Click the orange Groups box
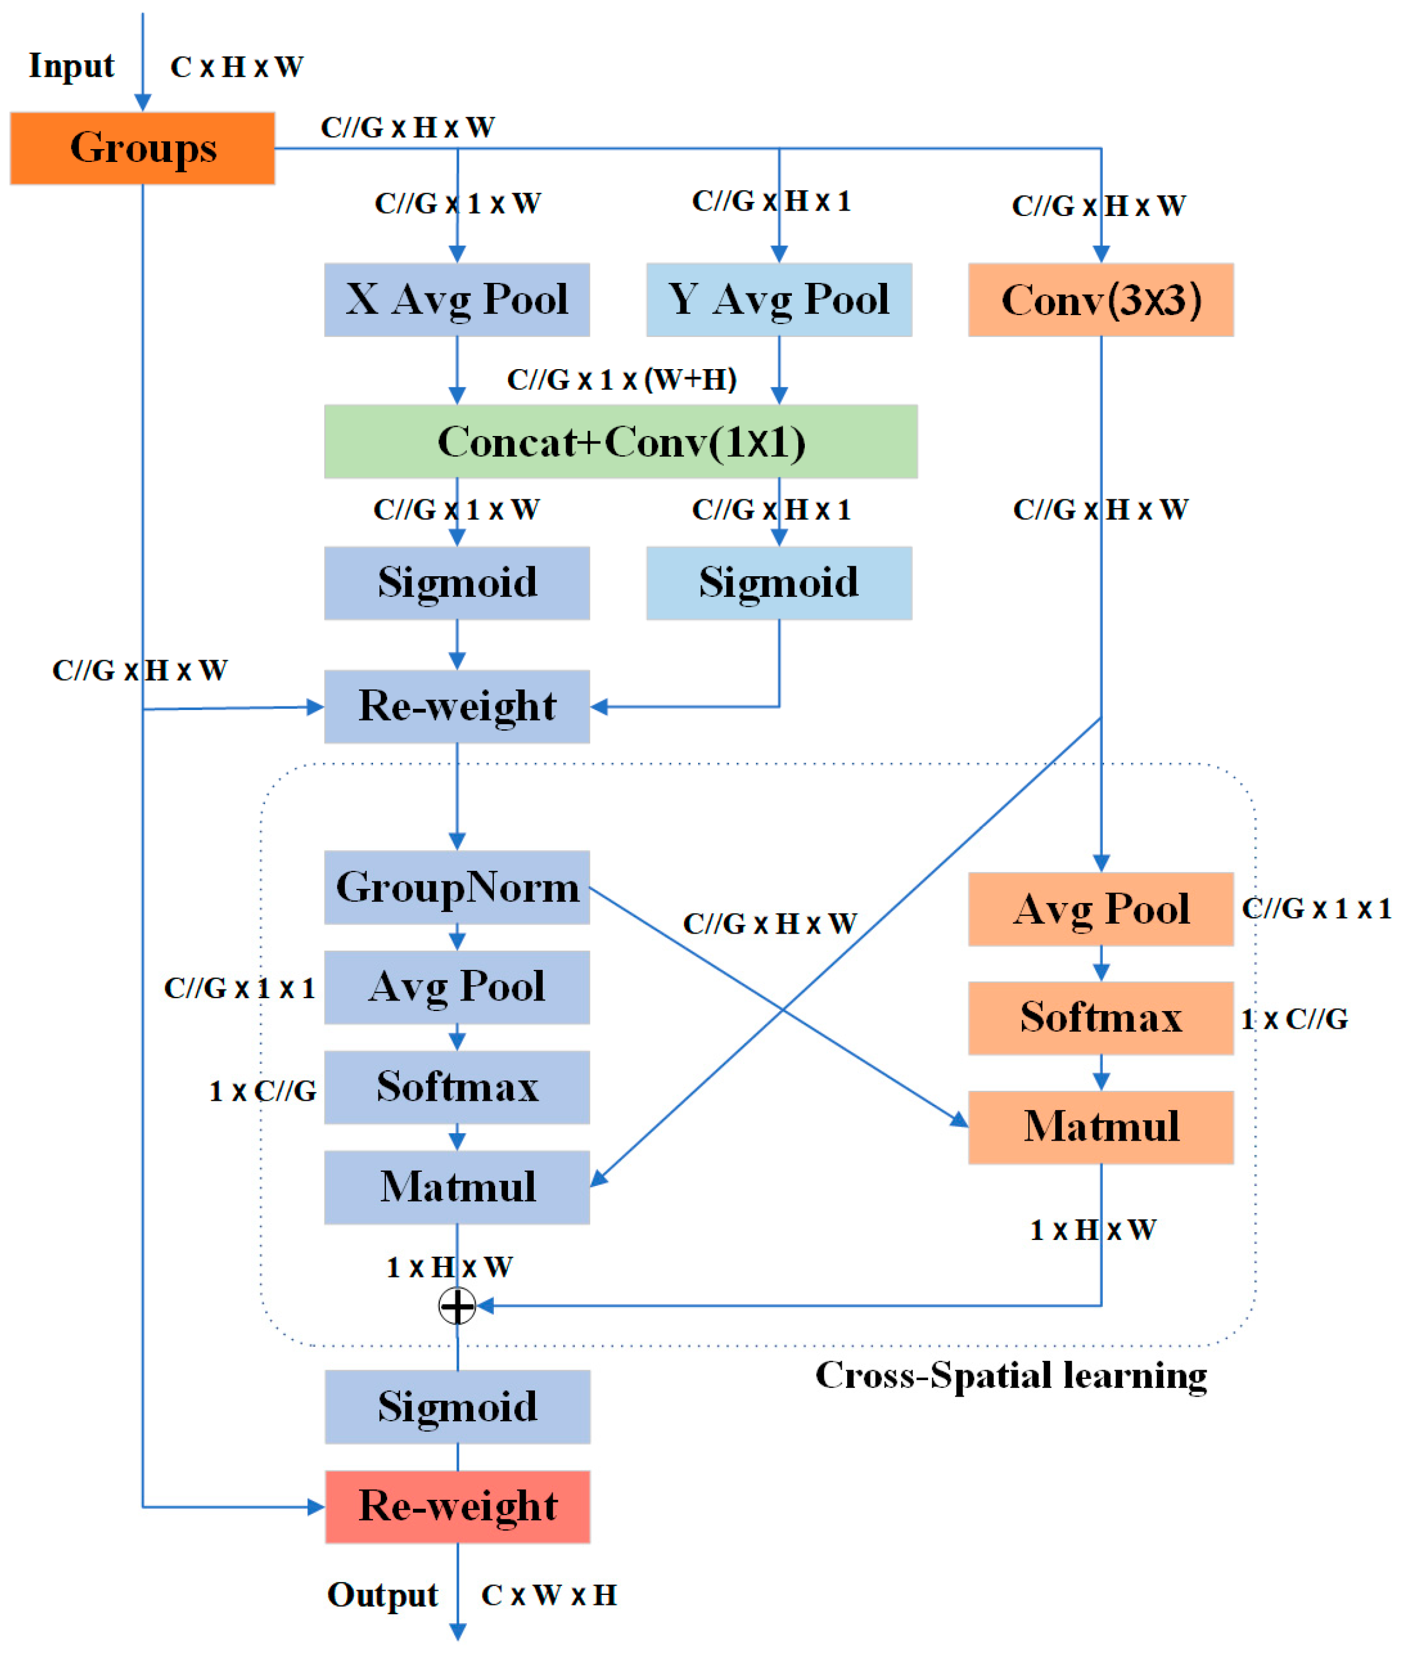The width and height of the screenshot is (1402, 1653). point(143,148)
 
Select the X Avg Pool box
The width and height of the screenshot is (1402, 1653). point(457,300)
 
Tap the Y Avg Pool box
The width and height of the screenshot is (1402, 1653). point(779,300)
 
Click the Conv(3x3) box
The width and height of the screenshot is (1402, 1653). point(1101,300)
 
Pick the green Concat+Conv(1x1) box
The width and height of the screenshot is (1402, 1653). point(621,441)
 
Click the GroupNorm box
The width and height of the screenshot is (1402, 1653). point(457,887)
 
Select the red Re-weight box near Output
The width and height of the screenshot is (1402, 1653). point(457,1507)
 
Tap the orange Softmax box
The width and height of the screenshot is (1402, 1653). point(1101,1018)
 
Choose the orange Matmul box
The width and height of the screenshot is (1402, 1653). point(1101,1127)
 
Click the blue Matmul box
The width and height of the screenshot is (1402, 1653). point(457,1187)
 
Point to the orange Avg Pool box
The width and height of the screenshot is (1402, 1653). point(1101,909)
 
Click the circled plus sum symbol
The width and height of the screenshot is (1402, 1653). point(457,1306)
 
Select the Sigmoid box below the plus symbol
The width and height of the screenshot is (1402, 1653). point(457,1407)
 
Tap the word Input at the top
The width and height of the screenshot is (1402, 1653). point(72,66)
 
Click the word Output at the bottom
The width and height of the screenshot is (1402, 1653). point(382,1595)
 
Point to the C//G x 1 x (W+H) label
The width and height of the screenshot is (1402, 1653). point(622,379)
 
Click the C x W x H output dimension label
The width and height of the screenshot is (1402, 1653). point(548,1595)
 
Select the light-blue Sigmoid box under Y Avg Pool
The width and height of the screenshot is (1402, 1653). point(779,583)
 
